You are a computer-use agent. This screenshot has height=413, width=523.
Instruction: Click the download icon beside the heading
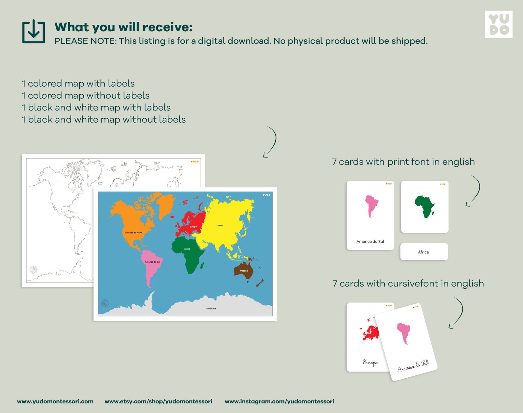click(x=33, y=32)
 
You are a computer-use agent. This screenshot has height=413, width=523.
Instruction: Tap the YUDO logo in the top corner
click(x=499, y=24)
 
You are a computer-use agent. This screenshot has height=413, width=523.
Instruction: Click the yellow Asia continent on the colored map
click(x=224, y=221)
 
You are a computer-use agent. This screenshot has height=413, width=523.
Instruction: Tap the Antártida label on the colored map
click(x=211, y=309)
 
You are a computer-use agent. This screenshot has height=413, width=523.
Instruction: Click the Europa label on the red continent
click(x=193, y=227)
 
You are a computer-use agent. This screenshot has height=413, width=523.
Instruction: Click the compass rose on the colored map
click(x=105, y=303)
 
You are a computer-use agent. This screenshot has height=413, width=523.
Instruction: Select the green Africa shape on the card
click(x=425, y=206)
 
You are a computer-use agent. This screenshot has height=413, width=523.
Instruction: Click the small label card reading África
click(x=424, y=252)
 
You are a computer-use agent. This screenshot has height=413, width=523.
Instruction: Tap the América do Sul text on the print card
click(x=370, y=241)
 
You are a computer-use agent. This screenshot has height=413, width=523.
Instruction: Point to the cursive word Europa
click(x=370, y=362)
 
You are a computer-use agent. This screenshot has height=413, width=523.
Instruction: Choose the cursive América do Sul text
click(x=413, y=366)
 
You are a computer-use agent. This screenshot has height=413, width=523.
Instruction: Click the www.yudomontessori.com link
click(x=55, y=401)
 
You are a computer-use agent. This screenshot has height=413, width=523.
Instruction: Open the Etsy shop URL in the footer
click(x=158, y=401)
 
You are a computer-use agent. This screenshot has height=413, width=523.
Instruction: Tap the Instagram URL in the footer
click(x=279, y=401)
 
